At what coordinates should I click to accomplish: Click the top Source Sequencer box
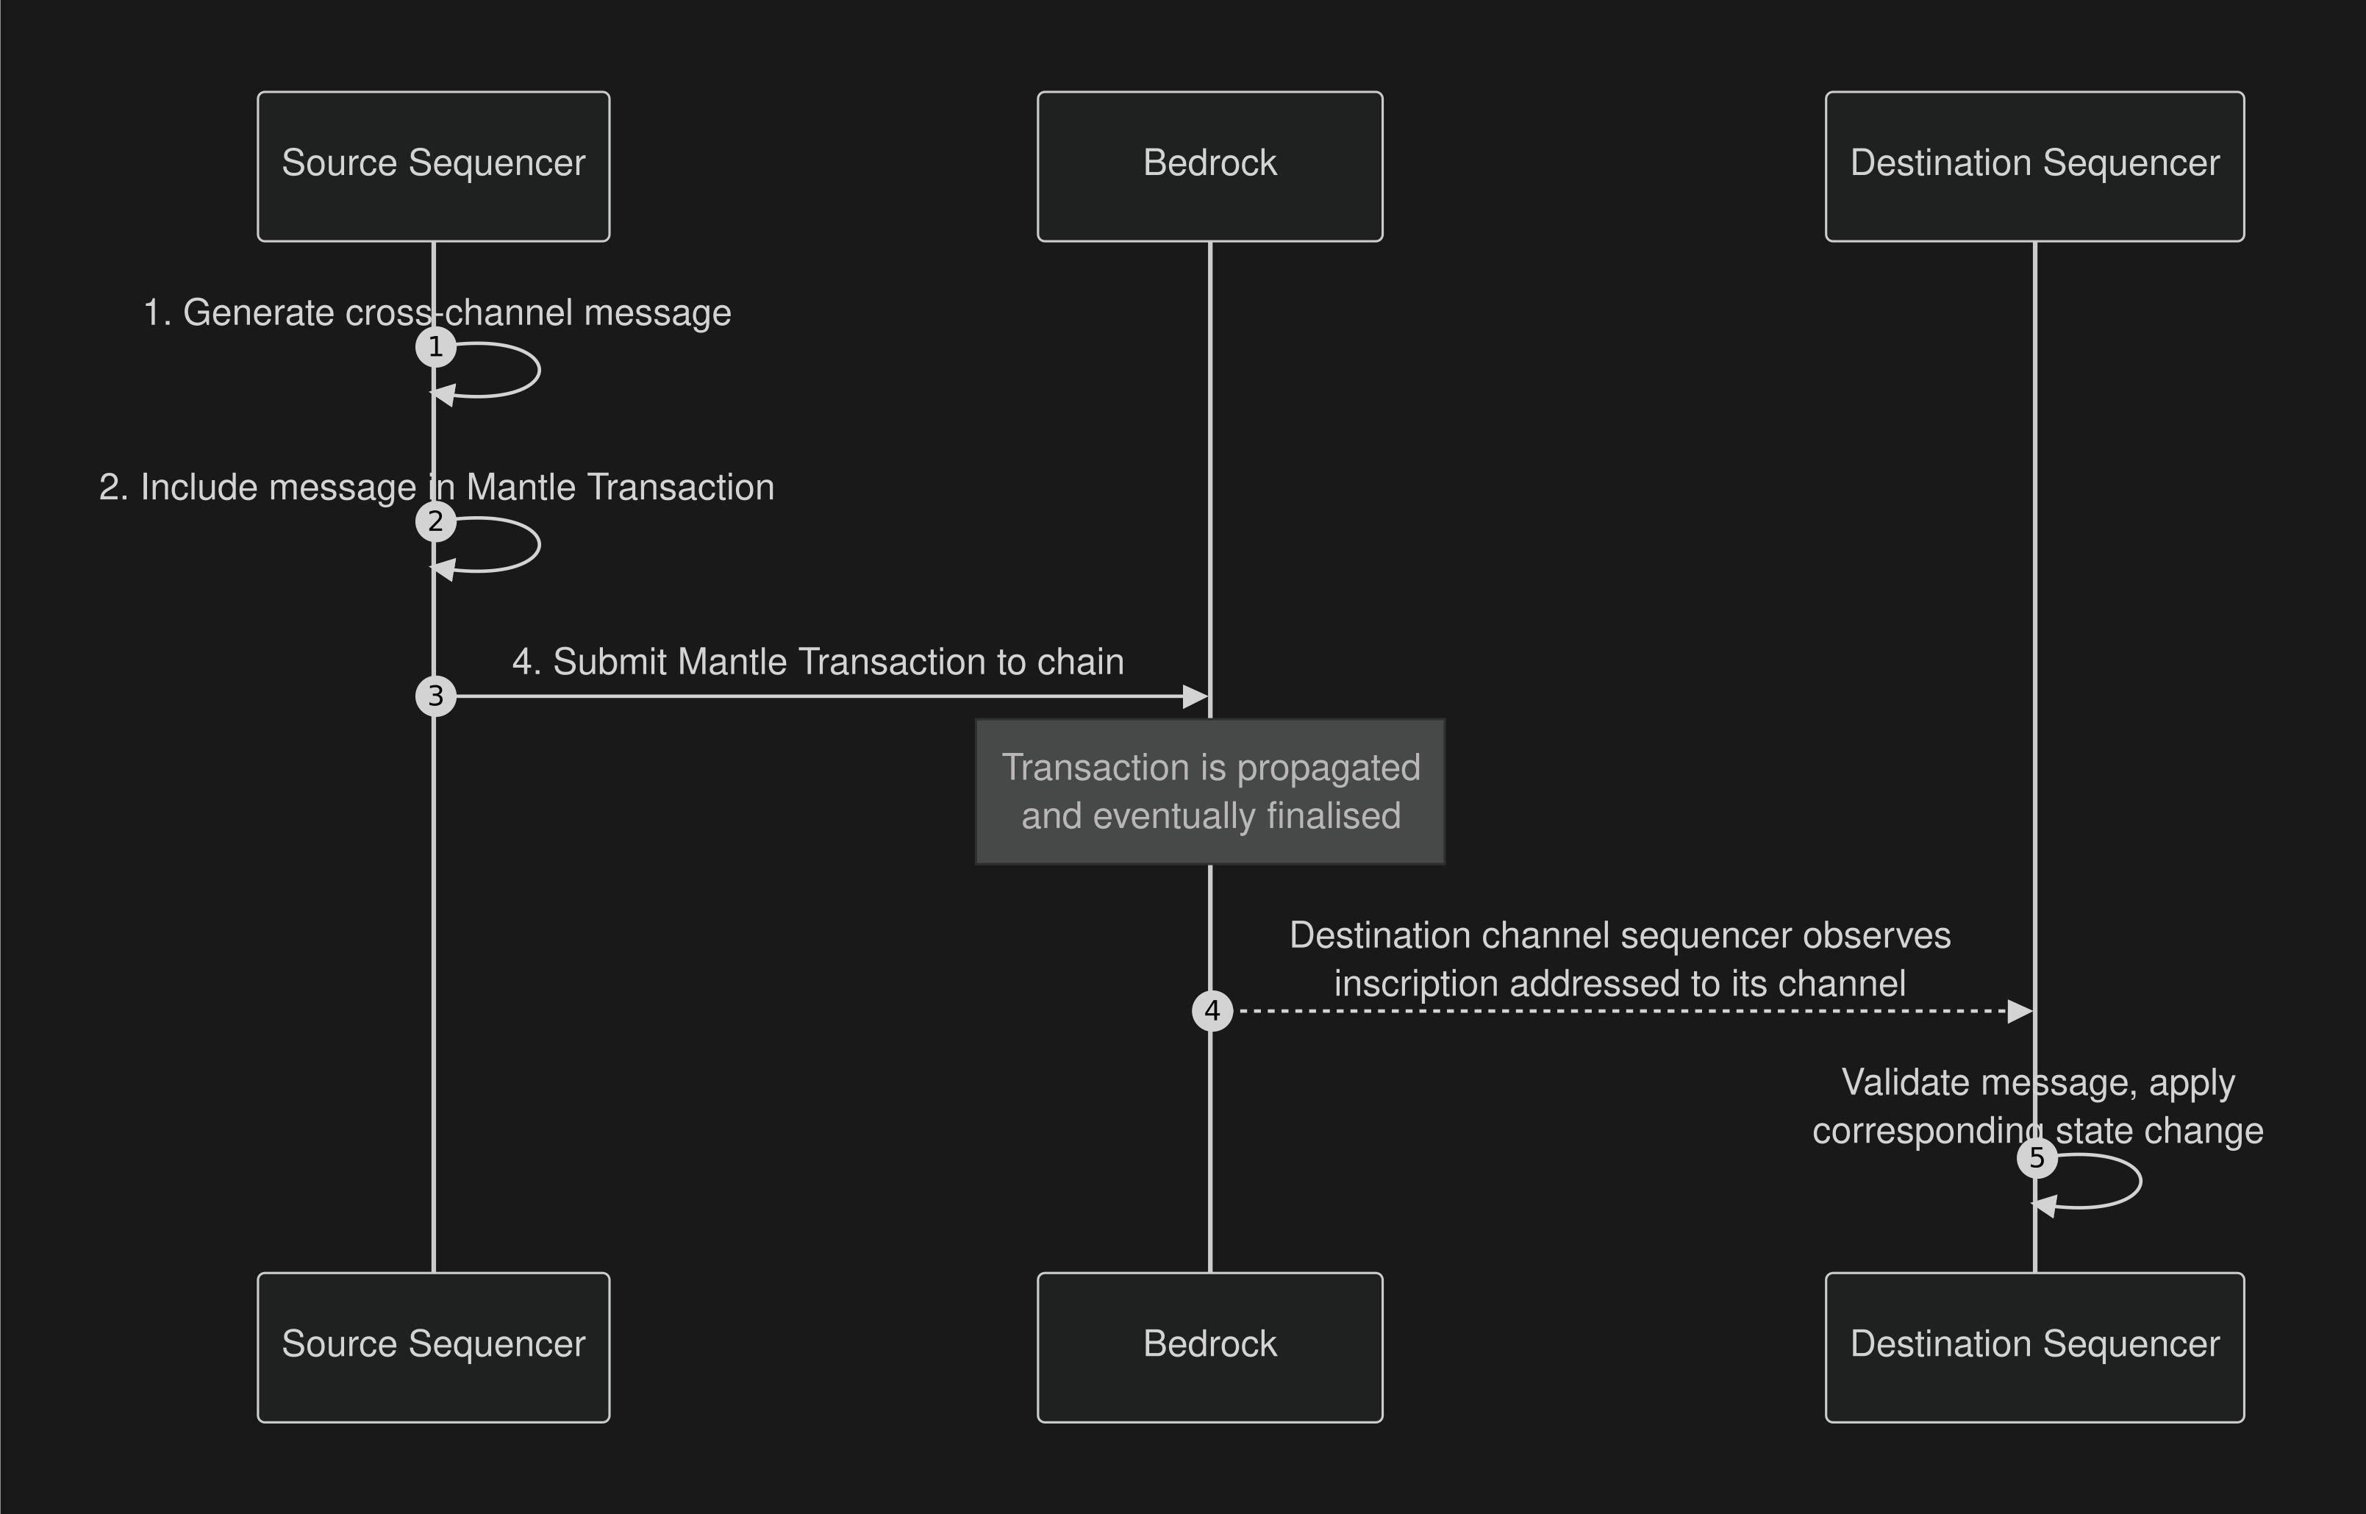[x=434, y=166]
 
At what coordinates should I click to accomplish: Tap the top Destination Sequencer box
[x=2034, y=166]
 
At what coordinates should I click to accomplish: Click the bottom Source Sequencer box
[x=434, y=1347]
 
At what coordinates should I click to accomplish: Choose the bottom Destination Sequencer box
[x=2034, y=1347]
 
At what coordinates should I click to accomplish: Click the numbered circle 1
[x=435, y=347]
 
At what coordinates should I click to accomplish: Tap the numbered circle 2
[x=435, y=522]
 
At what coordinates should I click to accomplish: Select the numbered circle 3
[x=435, y=696]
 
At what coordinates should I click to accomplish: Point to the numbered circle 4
[x=1212, y=1010]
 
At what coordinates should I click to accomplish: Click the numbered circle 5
[x=2037, y=1158]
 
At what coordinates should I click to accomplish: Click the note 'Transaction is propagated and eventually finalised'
[x=1210, y=791]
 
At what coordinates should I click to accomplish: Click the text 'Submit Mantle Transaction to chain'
[x=818, y=662]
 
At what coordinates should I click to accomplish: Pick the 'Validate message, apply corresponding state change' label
[x=2037, y=1106]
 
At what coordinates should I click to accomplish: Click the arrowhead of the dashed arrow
[x=2019, y=1010]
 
